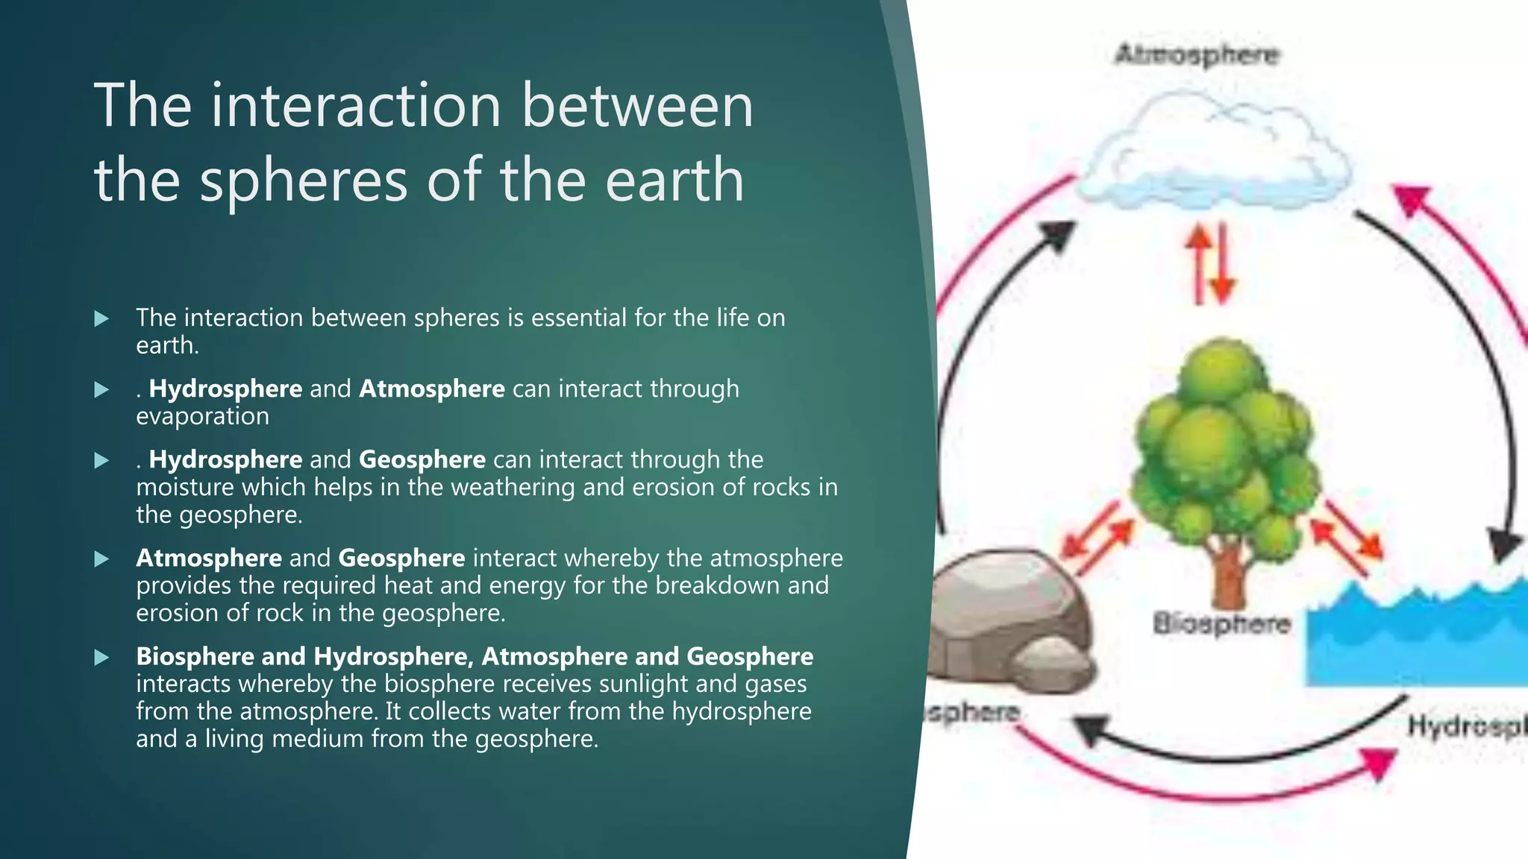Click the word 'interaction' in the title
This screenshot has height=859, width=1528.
356,105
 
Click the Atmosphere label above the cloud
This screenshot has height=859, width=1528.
1196,54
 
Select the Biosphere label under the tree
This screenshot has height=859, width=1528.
1221,623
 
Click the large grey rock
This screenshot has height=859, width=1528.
1003,611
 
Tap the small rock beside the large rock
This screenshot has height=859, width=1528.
1052,660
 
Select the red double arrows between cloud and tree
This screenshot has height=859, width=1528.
1211,265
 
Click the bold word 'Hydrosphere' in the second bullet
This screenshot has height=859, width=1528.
225,388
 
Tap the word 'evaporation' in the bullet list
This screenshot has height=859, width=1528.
202,416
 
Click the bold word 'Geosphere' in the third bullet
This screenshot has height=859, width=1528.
422,459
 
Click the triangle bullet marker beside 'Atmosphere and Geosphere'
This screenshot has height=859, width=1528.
102,558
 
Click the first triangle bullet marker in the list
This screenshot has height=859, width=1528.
102,318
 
